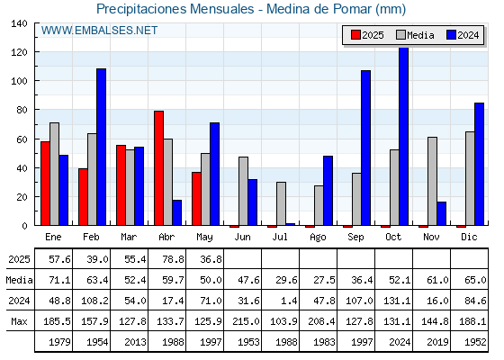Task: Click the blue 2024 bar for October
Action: [x=403, y=136]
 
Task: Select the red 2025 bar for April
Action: [x=158, y=168]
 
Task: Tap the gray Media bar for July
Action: [x=281, y=203]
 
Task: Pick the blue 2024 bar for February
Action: [x=101, y=147]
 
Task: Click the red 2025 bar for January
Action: [x=45, y=184]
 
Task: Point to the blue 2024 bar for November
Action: [x=441, y=214]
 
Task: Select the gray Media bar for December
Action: [x=470, y=178]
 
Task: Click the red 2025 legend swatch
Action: [x=355, y=35]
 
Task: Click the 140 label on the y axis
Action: [x=19, y=23]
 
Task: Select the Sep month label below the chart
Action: [x=355, y=238]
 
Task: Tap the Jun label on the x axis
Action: [x=242, y=238]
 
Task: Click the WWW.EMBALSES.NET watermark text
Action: [x=99, y=31]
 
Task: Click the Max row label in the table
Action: [x=19, y=321]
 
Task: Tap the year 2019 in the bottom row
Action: [x=437, y=342]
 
